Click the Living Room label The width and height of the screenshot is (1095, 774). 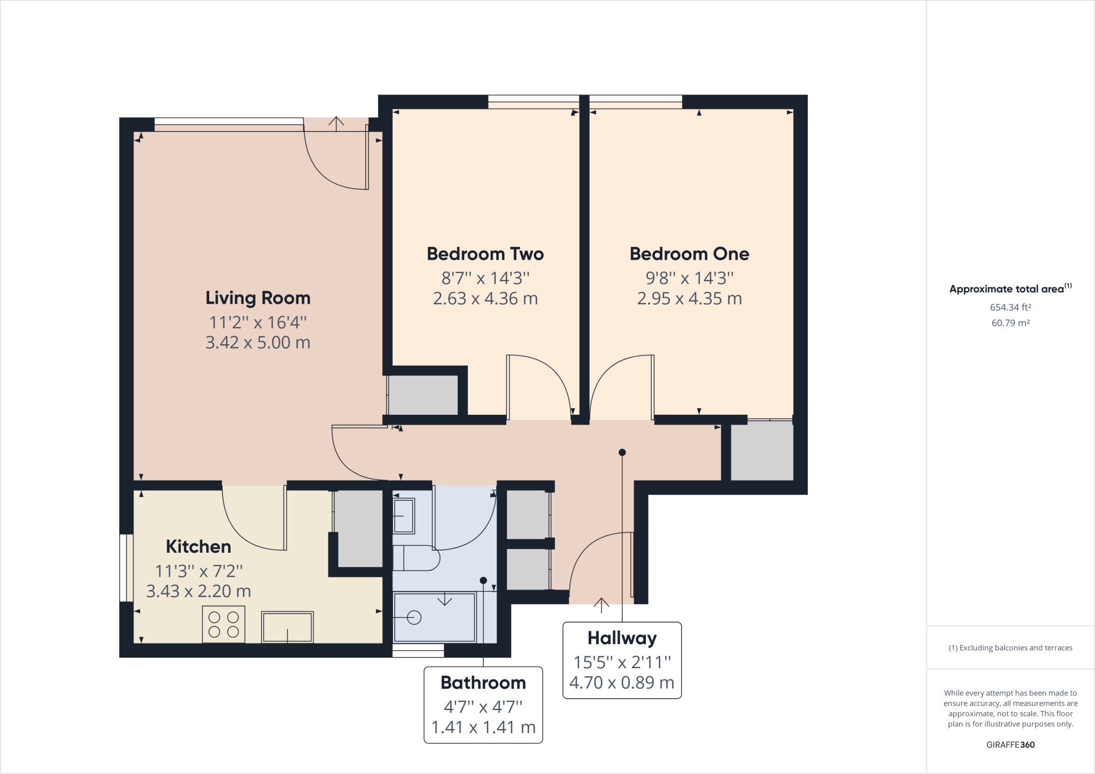click(258, 298)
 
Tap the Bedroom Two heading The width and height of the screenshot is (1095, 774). click(485, 254)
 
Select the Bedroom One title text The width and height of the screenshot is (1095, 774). click(689, 254)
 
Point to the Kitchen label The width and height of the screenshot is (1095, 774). click(198, 546)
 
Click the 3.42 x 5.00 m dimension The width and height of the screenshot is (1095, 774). click(258, 342)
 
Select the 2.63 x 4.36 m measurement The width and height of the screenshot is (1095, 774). click(485, 298)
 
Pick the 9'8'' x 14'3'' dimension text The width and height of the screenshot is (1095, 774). click(689, 278)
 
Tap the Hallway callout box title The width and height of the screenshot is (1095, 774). click(622, 638)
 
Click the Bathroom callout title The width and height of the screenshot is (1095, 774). click(483, 683)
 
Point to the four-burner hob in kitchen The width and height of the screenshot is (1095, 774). click(223, 624)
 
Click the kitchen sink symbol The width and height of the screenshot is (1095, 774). click(287, 627)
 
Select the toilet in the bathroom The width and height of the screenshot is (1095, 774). click(416, 558)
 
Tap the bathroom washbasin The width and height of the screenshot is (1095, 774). click(404, 516)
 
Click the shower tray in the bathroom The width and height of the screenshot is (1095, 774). click(434, 617)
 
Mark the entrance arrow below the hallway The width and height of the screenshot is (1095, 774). click(602, 605)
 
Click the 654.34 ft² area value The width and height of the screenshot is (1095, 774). click(1011, 307)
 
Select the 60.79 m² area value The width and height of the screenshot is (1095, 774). click(1011, 323)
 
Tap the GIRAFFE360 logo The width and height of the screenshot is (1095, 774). click(1011, 745)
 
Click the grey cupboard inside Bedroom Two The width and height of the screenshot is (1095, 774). click(423, 395)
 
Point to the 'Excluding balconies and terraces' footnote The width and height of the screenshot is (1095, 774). click(1011, 648)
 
